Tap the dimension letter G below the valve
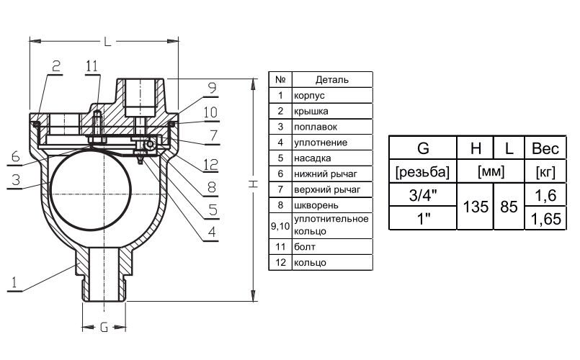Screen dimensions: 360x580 point(104,328)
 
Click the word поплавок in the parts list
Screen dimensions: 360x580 point(311,127)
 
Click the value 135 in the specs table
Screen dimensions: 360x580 point(476,206)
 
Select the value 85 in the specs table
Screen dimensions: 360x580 point(509,206)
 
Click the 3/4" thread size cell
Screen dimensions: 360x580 point(423,194)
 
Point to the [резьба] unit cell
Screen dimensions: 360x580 point(423,172)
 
